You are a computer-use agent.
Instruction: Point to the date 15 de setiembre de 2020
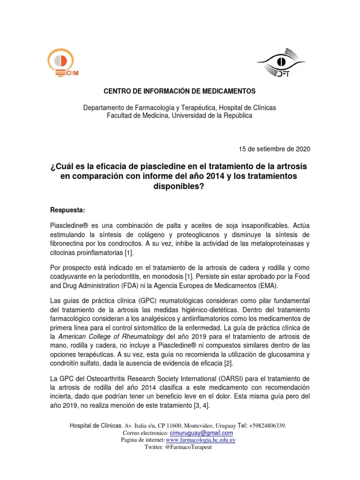tap(274, 149)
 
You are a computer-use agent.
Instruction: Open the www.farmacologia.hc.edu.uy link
tap(201, 440)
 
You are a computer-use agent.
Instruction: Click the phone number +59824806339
tap(266, 426)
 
